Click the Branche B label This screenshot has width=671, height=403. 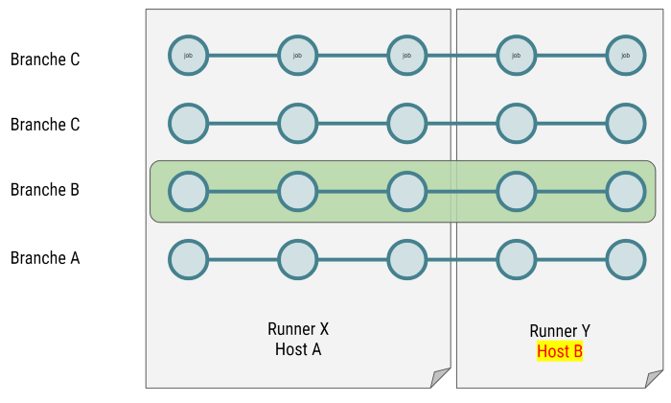click(x=44, y=190)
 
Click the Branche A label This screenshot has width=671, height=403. click(x=44, y=258)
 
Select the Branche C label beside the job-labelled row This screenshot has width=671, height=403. click(x=44, y=59)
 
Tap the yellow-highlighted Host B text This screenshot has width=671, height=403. click(x=560, y=351)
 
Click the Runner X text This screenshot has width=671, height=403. click(x=298, y=329)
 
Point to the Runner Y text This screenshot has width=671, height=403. click(x=560, y=331)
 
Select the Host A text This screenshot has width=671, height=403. click(x=298, y=349)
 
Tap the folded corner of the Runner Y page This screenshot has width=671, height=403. click(x=655, y=378)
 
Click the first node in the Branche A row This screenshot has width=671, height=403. click(x=189, y=259)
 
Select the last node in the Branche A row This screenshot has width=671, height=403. click(x=626, y=259)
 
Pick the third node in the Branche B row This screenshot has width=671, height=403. click(x=407, y=191)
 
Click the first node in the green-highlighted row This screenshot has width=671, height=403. click(x=189, y=191)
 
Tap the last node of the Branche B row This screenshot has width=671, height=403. click(x=626, y=191)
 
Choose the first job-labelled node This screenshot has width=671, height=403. click(x=189, y=56)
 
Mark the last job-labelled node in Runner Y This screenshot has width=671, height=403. click(x=626, y=56)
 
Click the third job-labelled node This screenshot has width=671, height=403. click(x=407, y=56)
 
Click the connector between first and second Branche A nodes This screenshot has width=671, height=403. click(x=243, y=259)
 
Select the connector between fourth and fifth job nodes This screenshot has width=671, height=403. click(x=571, y=56)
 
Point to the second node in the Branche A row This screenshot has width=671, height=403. click(x=298, y=259)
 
